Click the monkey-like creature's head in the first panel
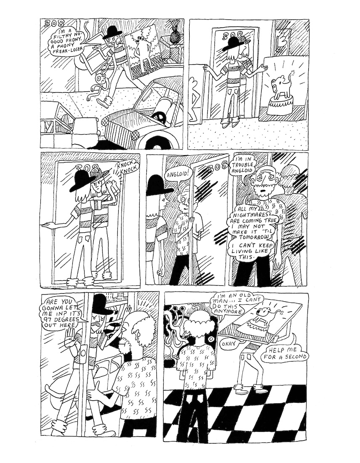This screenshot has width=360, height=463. point(102,78)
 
